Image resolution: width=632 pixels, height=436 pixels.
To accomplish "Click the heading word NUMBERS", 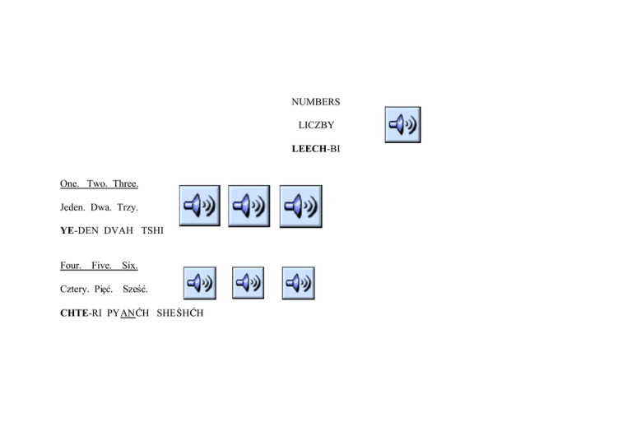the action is coord(316,102).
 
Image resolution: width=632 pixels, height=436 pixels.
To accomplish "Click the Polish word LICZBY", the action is coord(316,125).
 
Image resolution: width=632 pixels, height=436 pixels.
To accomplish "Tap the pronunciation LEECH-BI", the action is coord(316,149).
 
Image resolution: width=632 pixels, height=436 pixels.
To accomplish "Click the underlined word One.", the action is coord(69,183).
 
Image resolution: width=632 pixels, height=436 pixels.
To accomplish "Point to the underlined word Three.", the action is coord(126,183).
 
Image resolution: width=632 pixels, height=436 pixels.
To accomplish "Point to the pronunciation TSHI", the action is coord(152,231).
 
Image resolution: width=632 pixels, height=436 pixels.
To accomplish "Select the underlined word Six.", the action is coord(129,266).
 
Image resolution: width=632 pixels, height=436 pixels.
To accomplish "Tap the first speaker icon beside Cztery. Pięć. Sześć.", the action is coord(199,284).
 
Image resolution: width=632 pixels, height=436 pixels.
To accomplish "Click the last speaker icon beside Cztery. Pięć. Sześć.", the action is coord(298,284).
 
